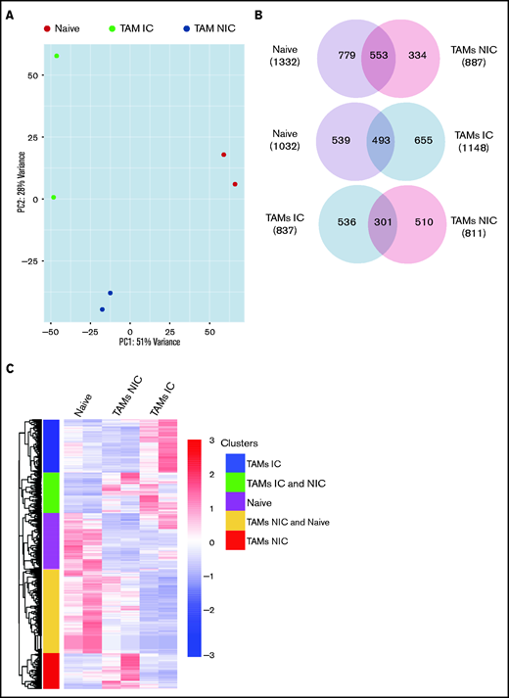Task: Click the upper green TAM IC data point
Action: point(57,56)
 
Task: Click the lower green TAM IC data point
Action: point(54,197)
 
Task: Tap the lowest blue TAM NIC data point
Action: point(102,309)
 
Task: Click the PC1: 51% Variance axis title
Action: point(145,345)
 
